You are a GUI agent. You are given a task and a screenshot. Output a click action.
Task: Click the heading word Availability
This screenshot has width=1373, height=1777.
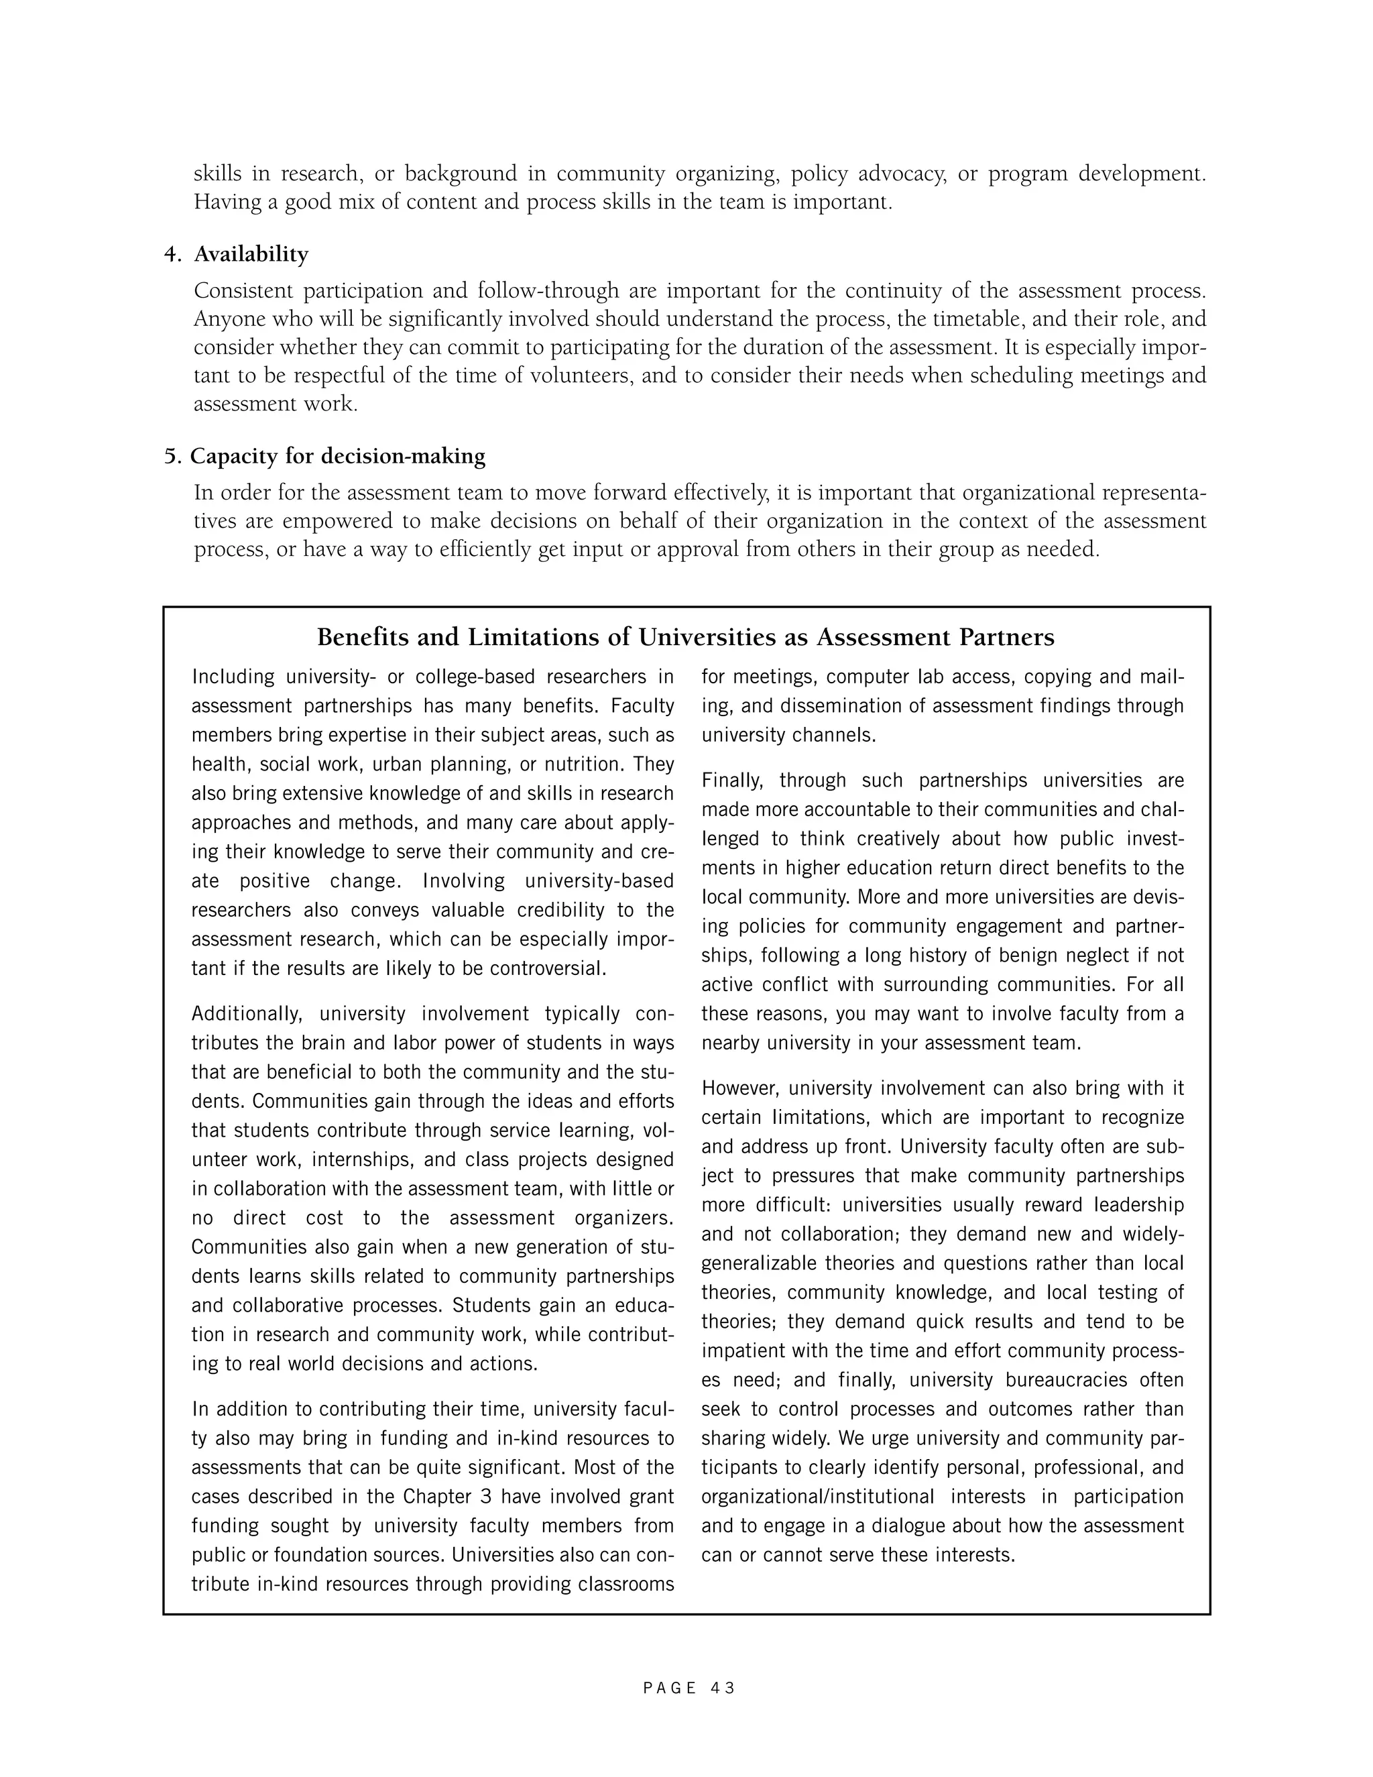[251, 255]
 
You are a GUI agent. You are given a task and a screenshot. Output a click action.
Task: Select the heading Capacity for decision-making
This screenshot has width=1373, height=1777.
[338, 457]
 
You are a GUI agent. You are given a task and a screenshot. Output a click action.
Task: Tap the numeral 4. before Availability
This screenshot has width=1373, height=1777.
[172, 255]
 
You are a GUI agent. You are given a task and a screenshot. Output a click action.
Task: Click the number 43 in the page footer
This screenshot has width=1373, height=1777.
[722, 1688]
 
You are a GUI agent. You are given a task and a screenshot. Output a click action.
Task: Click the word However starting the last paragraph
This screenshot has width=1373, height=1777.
[741, 1088]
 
